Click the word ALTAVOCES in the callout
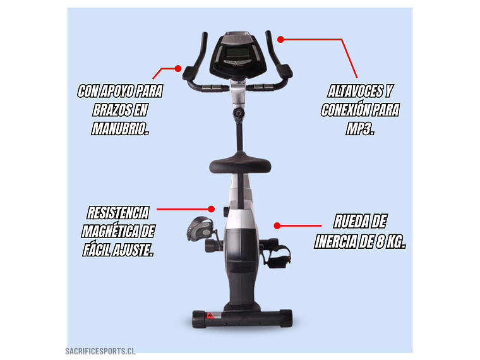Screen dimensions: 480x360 354,91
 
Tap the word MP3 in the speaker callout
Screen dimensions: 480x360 359,129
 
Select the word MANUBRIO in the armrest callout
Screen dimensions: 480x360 119,129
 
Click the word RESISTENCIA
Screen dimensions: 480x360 118,213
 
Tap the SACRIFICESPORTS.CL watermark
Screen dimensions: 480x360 100,351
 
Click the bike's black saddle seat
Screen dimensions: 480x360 240,164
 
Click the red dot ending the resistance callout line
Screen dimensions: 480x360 211,209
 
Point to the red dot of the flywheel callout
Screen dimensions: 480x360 277,226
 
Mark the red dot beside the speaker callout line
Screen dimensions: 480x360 280,39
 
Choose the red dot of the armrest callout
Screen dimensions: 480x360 178,68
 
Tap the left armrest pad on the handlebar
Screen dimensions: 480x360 190,73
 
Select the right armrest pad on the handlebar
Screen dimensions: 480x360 285,71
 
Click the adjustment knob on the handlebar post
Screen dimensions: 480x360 239,113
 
